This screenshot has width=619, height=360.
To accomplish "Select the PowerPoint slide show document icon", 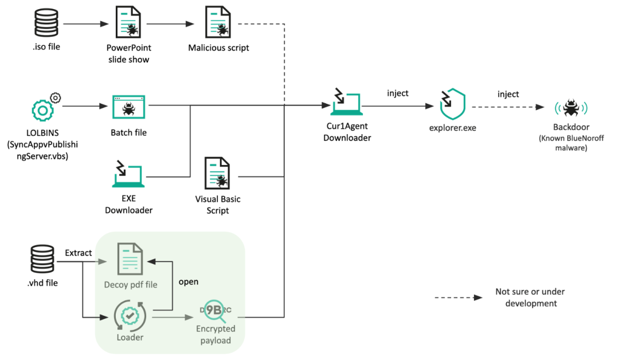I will [x=129, y=24].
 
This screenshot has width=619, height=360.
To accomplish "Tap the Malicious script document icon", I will [x=218, y=24].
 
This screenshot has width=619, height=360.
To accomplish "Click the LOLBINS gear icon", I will [x=43, y=108].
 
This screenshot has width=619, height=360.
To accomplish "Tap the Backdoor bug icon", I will [x=570, y=107].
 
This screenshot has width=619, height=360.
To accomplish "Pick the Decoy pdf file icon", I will [x=130, y=259].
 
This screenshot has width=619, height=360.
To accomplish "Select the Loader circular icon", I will [x=130, y=315].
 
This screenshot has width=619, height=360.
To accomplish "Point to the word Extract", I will [x=78, y=253].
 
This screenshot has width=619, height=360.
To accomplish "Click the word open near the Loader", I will [x=189, y=281].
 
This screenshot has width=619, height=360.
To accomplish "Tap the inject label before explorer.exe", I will [x=398, y=93].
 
